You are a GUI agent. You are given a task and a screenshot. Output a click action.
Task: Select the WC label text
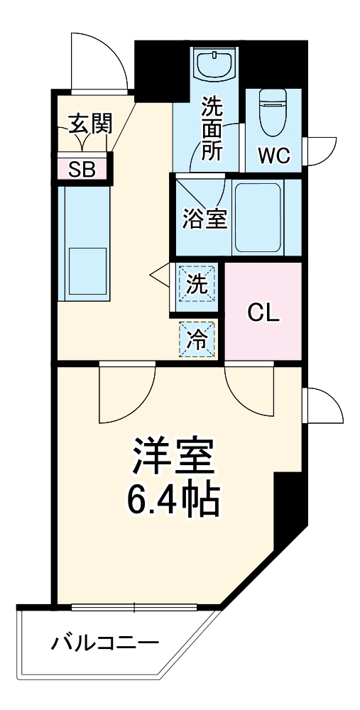[273, 156]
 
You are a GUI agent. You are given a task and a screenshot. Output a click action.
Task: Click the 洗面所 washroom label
[211, 132]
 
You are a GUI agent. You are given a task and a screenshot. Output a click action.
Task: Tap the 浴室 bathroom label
[204, 219]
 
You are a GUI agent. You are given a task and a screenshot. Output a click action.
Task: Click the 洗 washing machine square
[197, 284]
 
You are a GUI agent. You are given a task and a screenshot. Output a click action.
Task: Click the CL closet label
[263, 312]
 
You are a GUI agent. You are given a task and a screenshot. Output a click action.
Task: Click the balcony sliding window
[134, 607]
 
